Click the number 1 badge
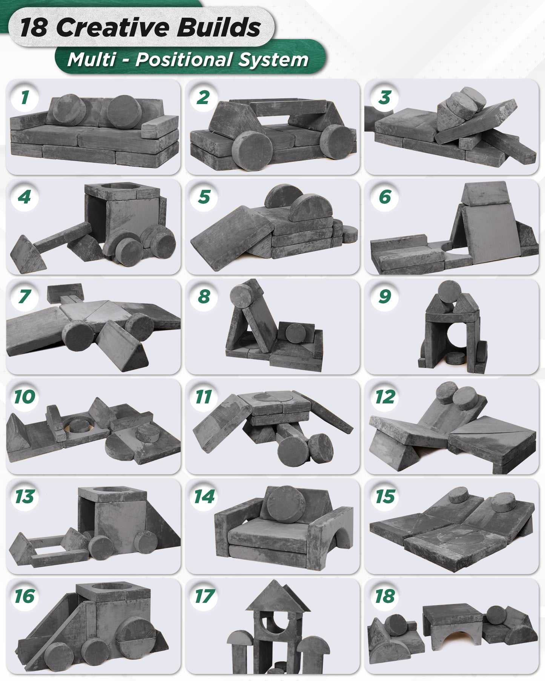(x=25, y=97)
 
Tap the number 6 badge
(x=384, y=197)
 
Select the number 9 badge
(x=384, y=297)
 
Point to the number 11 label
(x=204, y=397)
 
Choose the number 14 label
(x=204, y=497)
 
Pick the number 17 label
(x=204, y=597)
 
